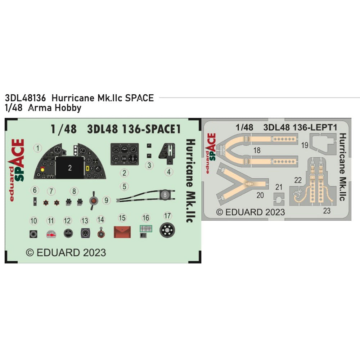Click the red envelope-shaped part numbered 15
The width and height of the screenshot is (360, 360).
(122, 231)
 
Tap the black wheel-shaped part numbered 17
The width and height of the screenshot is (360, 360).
(167, 230)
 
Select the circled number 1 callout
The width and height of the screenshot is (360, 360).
(39, 148)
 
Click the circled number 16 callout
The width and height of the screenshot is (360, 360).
(146, 218)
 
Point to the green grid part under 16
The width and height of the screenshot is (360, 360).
(145, 230)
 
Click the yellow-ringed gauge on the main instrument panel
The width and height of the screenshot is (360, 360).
(43, 169)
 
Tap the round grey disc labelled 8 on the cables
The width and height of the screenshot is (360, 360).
(164, 194)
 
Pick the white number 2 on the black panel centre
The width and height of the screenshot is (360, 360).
(70, 167)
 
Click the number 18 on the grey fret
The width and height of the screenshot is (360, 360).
(257, 151)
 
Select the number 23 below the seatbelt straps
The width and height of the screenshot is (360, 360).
(327, 211)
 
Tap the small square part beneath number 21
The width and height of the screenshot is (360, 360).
(278, 199)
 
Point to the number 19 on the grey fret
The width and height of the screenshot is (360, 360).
(305, 145)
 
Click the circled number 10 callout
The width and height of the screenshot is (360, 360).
(34, 220)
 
